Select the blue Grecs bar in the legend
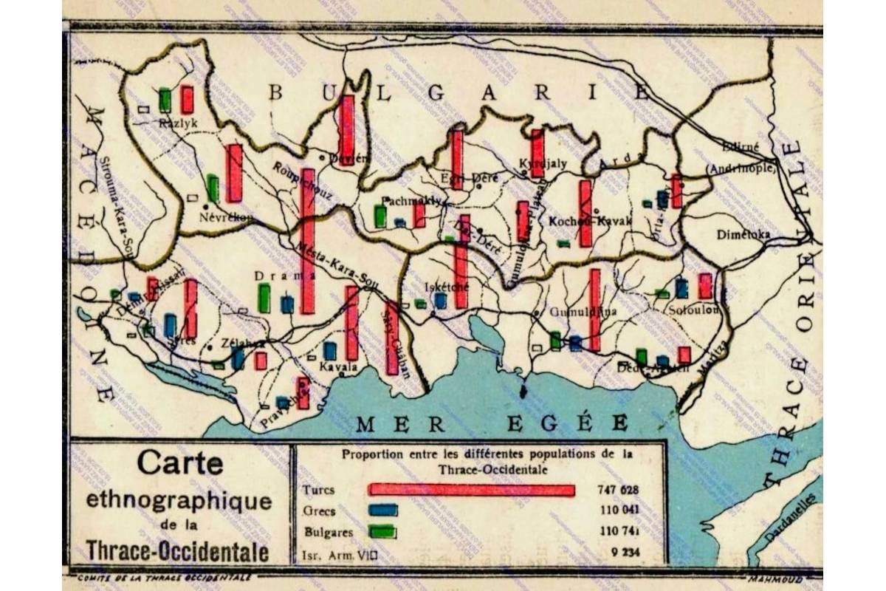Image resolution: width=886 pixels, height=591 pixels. coord(383,510)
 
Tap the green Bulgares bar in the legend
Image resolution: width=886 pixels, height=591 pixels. coord(382,531)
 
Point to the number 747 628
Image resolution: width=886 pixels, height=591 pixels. coord(617,490)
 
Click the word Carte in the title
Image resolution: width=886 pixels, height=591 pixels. coord(179,464)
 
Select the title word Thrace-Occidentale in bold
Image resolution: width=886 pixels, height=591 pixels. coord(177,551)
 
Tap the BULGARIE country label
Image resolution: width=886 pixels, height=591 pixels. coord(458,92)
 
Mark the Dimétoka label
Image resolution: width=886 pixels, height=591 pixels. coord(746,235)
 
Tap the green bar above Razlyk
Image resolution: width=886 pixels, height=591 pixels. coord(165,100)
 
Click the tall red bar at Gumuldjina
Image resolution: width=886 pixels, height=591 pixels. coord(595,310)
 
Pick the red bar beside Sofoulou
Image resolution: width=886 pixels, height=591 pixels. coord(705,286)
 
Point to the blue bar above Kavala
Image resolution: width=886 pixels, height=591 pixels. coord(330,351)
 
